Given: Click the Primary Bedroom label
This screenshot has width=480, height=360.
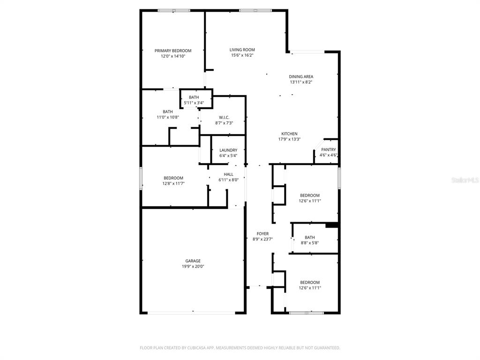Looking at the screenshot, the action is [x=173, y=51].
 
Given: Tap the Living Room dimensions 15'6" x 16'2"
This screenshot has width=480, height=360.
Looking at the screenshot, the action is [x=242, y=55].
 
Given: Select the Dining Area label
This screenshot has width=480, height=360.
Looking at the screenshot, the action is [x=301, y=77].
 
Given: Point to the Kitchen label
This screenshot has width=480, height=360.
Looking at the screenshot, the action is [x=289, y=134].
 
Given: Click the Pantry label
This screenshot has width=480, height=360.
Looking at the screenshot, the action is [x=329, y=150].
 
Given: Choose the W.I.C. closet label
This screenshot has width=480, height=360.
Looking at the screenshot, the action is [x=224, y=118].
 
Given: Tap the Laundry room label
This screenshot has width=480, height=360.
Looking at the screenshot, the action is [x=228, y=150].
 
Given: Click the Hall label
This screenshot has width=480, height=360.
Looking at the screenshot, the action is [x=228, y=174].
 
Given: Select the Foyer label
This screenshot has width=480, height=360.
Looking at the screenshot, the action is [x=262, y=234].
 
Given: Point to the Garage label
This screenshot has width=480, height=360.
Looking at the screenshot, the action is [x=193, y=261].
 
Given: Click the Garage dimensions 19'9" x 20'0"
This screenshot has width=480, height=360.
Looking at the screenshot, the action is [x=193, y=267].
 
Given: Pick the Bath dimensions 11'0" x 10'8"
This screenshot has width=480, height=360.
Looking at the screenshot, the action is [x=168, y=117].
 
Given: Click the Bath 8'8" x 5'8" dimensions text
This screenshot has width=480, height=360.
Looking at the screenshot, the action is [x=310, y=243].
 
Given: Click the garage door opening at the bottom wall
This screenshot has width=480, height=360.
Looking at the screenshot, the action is [x=191, y=313].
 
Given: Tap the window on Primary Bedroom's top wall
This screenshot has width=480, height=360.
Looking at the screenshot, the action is [x=174, y=11].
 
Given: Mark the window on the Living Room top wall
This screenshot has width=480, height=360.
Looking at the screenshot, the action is [x=255, y=11].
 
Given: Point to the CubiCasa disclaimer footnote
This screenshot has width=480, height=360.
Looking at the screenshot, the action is [x=240, y=348].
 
